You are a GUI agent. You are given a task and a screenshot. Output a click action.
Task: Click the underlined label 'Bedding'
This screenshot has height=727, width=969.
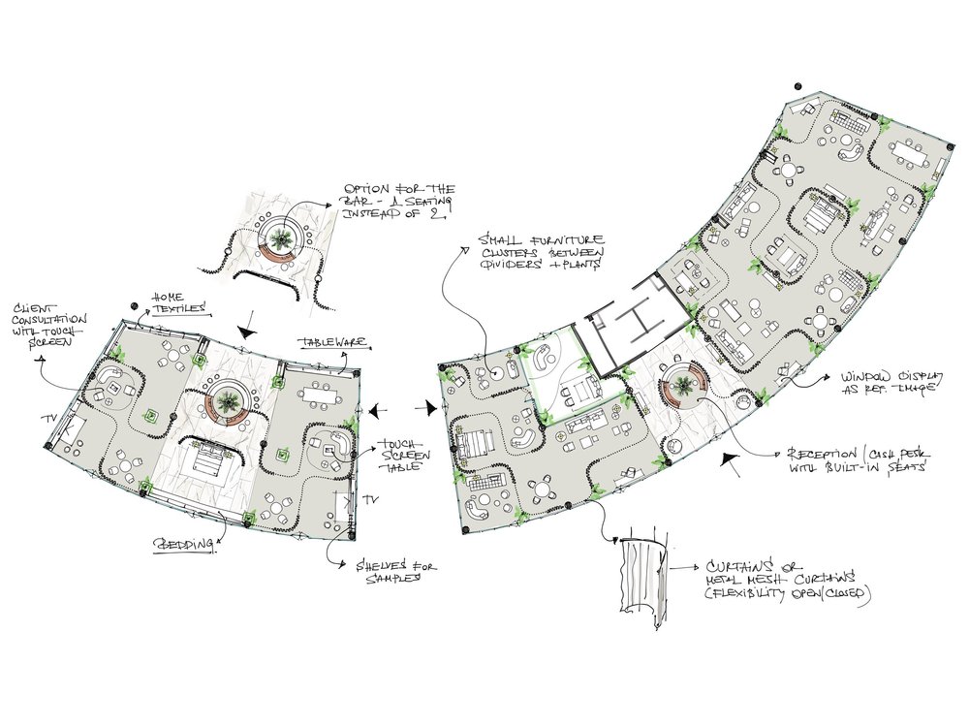[183, 545]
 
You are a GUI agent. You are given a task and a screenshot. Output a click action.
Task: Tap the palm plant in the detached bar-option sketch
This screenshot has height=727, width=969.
[282, 239]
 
